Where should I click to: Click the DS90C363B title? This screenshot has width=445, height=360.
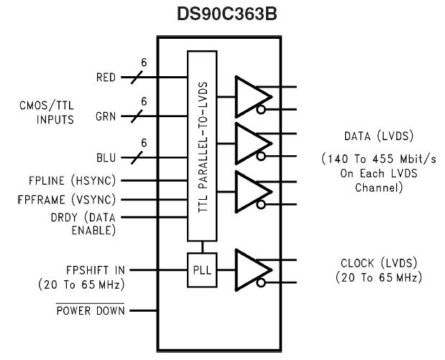(223, 14)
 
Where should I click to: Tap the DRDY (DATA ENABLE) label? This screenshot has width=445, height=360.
(80, 224)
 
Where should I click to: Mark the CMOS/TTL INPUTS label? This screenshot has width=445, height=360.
(45, 113)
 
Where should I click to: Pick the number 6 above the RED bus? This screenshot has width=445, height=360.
(143, 63)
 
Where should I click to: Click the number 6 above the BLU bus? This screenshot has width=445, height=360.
(143, 144)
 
